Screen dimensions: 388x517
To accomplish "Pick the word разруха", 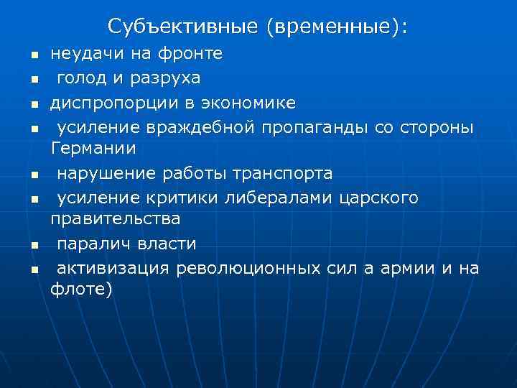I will (x=162, y=78).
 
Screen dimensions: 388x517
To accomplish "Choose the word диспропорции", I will (x=106, y=103).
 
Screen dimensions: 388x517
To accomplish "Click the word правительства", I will (x=115, y=217).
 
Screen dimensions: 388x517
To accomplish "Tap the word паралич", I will (x=92, y=244).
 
